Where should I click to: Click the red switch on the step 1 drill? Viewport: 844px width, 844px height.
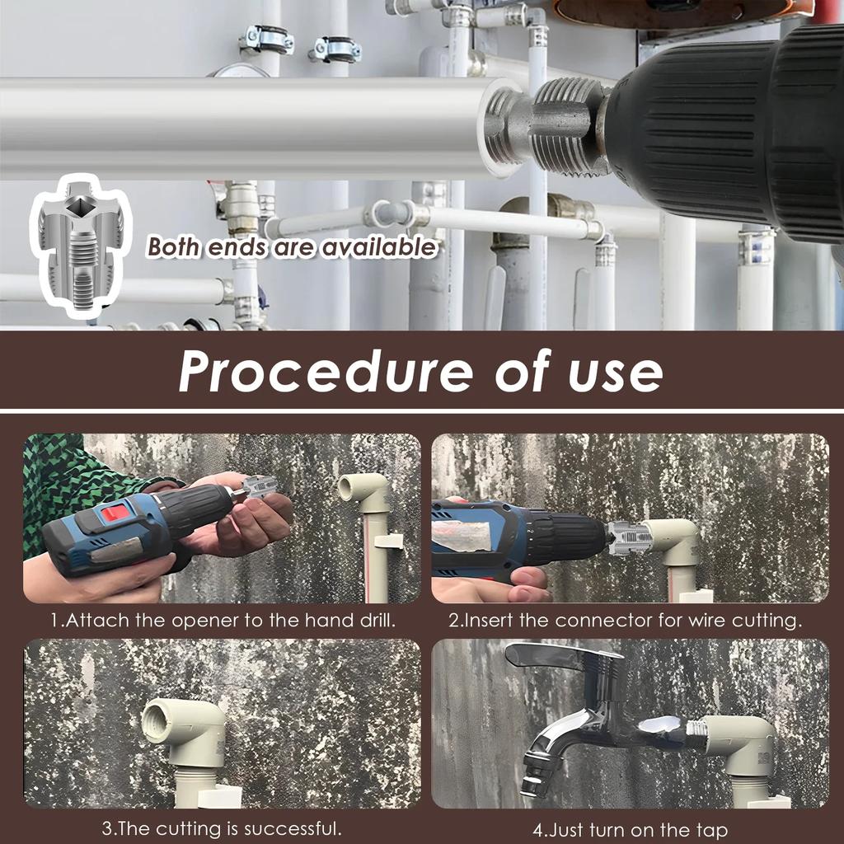pyautogui.click(x=115, y=513)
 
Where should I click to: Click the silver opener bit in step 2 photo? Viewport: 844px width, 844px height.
pyautogui.click(x=629, y=538)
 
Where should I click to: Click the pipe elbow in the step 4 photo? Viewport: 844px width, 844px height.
pyautogui.click(x=742, y=742)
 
